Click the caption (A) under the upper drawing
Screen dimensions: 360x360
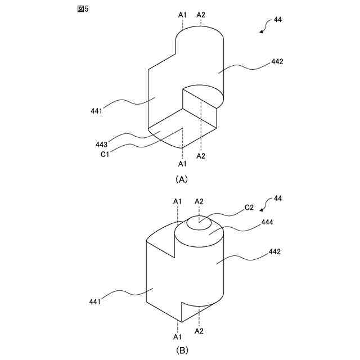(181, 179)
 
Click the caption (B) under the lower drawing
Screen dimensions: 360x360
(181, 350)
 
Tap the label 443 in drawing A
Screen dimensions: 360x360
(102, 145)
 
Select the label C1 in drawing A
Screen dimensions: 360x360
(105, 154)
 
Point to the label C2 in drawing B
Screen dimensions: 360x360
(249, 207)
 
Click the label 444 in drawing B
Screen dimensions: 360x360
(268, 223)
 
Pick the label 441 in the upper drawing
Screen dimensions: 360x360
(96, 111)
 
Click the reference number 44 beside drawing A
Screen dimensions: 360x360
(277, 20)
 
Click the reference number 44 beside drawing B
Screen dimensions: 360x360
(277, 199)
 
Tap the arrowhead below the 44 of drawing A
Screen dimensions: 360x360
(261, 32)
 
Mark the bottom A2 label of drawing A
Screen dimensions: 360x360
(201, 156)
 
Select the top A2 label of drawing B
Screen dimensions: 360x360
(199, 201)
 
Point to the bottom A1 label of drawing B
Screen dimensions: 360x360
(178, 336)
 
